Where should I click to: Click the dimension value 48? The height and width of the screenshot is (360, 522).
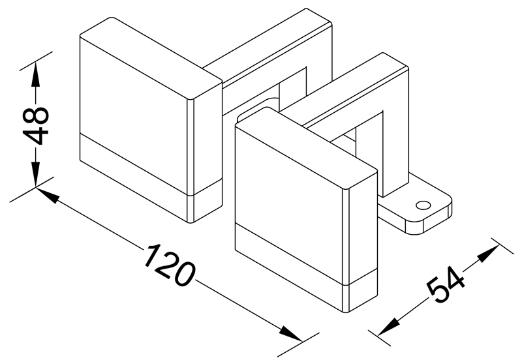click(x=36, y=126)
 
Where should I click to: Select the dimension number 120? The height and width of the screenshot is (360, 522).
click(x=169, y=265)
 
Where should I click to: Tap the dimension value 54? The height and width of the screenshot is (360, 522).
click(x=445, y=285)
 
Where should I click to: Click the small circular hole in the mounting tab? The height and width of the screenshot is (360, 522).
click(x=423, y=205)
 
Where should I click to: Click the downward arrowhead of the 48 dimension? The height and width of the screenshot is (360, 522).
click(x=36, y=174)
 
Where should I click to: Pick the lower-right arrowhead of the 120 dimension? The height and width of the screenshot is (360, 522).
click(x=290, y=334)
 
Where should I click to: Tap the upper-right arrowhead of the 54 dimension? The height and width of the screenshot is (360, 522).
click(x=488, y=252)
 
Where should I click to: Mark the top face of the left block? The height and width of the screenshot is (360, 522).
click(x=151, y=58)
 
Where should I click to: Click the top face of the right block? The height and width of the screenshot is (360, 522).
click(x=306, y=148)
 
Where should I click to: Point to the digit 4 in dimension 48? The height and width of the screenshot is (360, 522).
click(x=36, y=136)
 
